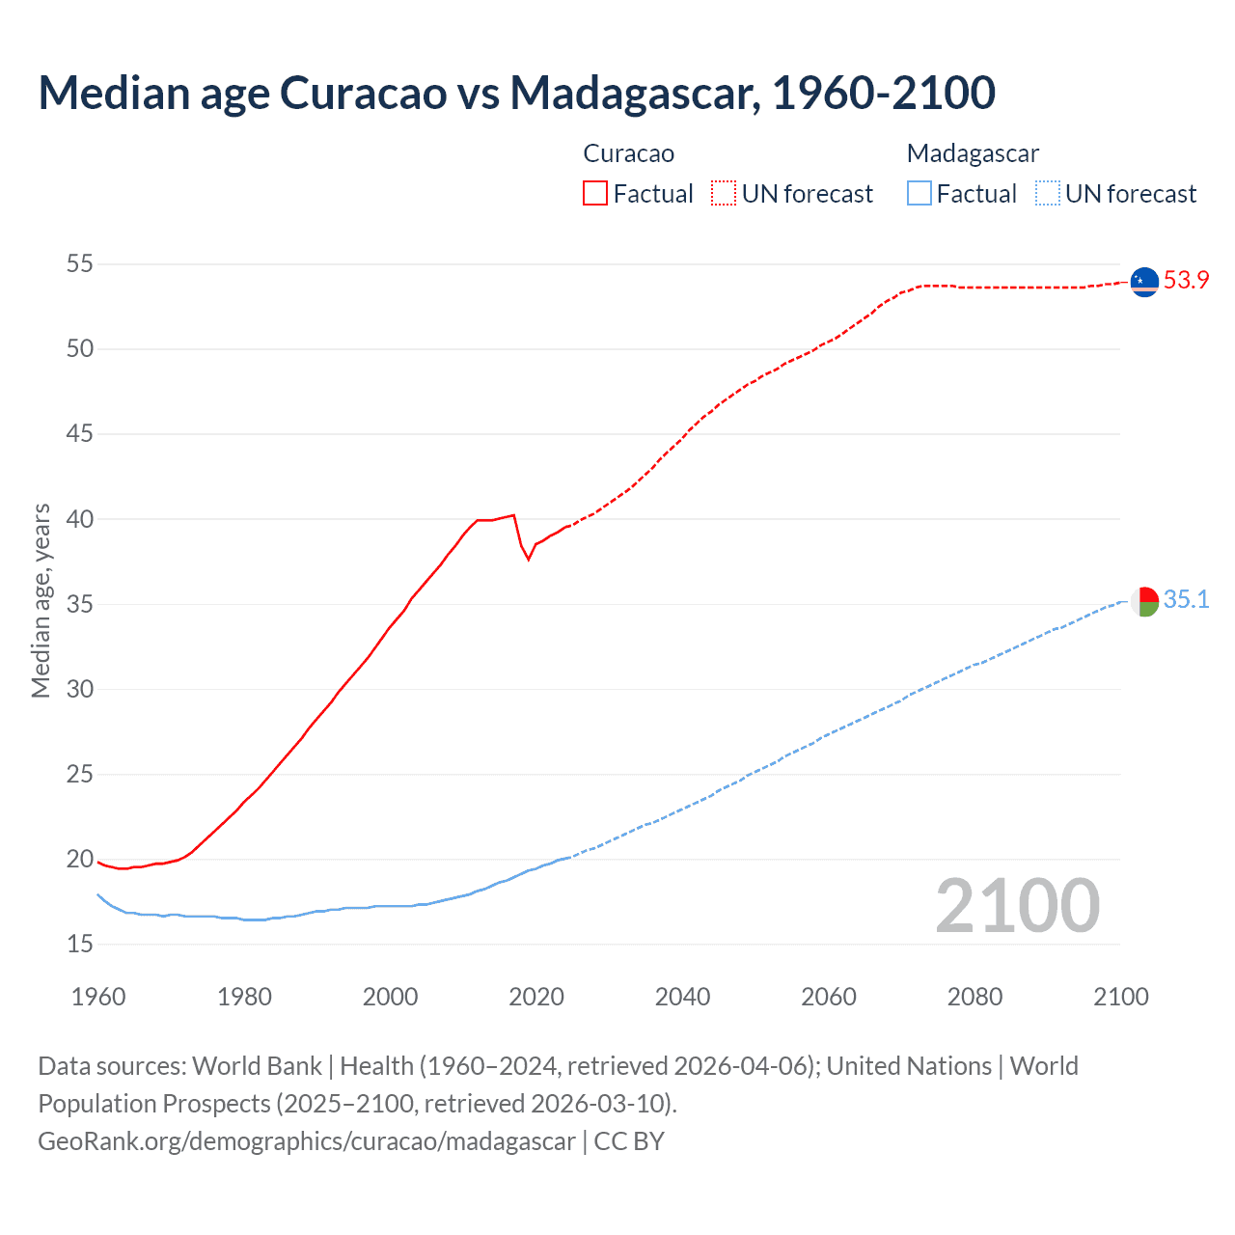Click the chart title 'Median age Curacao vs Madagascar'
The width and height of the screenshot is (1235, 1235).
(x=516, y=93)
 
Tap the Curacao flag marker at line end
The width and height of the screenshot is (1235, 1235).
(x=1144, y=281)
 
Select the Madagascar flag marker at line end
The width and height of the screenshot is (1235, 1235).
(x=1144, y=601)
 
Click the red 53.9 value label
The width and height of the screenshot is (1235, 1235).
(x=1186, y=280)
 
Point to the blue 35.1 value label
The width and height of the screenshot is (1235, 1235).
(x=1186, y=599)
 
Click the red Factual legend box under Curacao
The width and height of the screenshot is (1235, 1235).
(x=595, y=193)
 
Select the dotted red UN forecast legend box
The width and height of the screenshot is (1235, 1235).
(x=724, y=193)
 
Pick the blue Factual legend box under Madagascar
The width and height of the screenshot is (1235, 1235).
(x=919, y=193)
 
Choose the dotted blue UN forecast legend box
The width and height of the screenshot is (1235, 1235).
(x=1047, y=193)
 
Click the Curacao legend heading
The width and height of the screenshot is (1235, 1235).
(x=628, y=153)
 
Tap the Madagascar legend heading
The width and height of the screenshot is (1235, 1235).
(x=973, y=153)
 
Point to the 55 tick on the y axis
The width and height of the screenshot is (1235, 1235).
(x=80, y=263)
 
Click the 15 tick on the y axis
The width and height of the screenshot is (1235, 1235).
(x=80, y=944)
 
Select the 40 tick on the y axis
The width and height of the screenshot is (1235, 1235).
(x=80, y=519)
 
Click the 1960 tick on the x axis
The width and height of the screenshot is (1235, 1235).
(x=98, y=997)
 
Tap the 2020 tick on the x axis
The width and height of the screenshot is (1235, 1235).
(x=536, y=997)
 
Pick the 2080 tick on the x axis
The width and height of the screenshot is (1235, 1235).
(x=974, y=997)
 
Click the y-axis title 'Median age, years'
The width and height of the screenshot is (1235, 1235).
(x=41, y=600)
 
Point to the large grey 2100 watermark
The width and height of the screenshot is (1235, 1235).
(x=1017, y=905)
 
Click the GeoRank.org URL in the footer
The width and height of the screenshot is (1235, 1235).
(x=307, y=1140)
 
